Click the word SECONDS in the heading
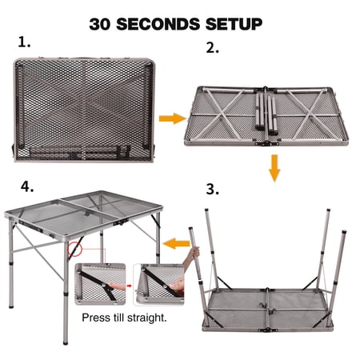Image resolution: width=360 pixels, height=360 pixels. click(x=158, y=24)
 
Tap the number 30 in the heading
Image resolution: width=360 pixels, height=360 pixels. click(x=99, y=24)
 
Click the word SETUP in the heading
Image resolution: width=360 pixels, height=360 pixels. click(x=234, y=24)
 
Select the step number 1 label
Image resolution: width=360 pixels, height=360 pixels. click(x=24, y=42)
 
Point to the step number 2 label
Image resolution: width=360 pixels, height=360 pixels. click(x=212, y=48)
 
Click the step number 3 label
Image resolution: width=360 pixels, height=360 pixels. click(x=213, y=189)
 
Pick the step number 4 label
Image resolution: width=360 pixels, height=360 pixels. click(x=27, y=186)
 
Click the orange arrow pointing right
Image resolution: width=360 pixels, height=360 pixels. click(x=172, y=118)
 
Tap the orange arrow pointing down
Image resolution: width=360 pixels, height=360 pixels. click(x=274, y=168)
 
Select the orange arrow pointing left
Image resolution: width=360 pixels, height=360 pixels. click(x=176, y=243)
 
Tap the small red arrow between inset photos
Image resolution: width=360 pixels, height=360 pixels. click(x=130, y=286)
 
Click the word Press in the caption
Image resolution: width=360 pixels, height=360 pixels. click(x=93, y=318)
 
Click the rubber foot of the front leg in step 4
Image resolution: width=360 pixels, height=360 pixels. click(x=66, y=342)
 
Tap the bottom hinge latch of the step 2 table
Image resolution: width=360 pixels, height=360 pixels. click(x=266, y=144)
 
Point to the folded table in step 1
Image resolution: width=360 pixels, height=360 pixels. click(x=84, y=110)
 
